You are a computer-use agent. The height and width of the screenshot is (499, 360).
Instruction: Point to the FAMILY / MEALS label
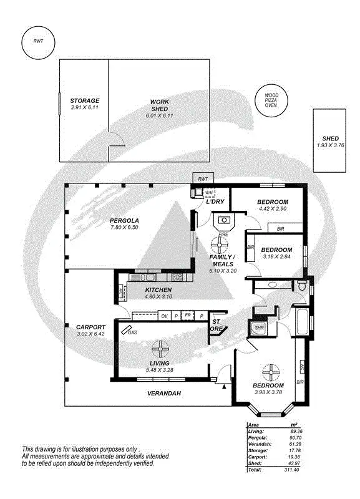[x=223, y=261]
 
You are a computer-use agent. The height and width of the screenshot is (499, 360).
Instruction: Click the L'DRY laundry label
[x=215, y=202]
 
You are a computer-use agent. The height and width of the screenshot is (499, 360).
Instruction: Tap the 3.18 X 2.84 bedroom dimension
[x=278, y=256]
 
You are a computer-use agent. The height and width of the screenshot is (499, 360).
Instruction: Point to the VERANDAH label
[x=163, y=394]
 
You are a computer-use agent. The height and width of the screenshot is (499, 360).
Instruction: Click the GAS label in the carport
[x=132, y=332]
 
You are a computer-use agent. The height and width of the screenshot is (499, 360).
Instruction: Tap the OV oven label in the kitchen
[x=165, y=316]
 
